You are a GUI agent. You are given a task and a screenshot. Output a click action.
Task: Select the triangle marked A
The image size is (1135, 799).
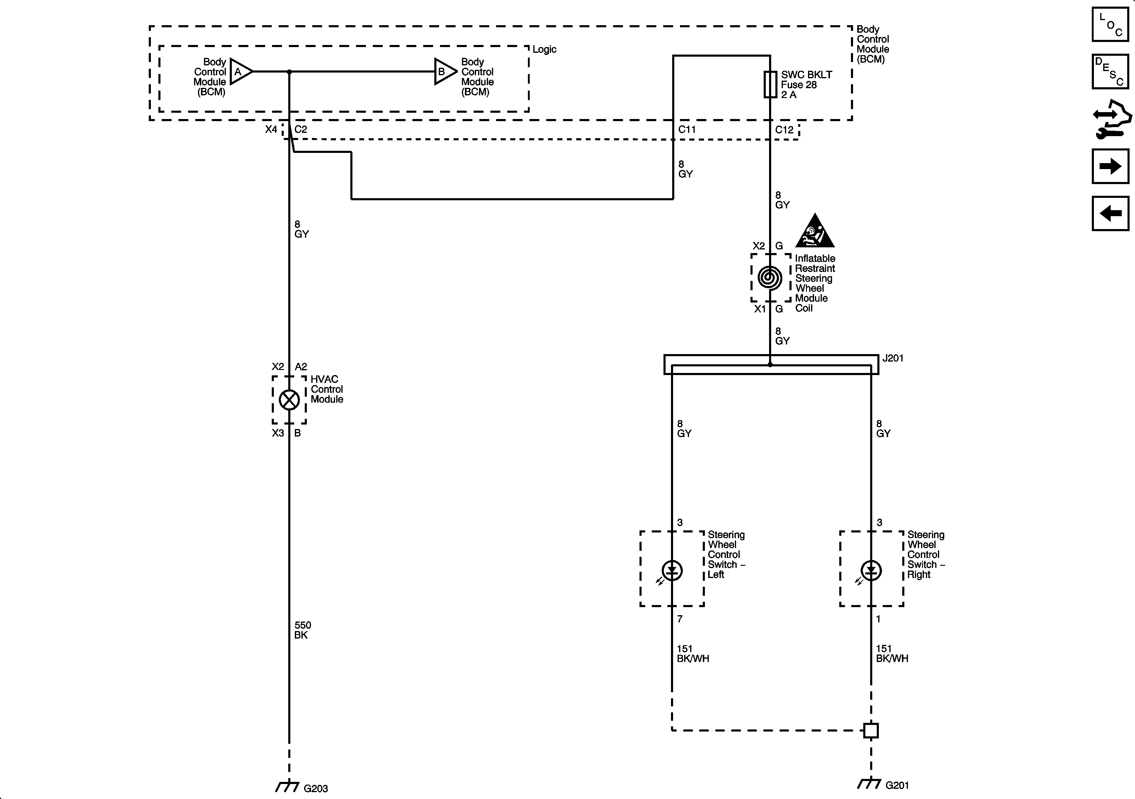click(241, 72)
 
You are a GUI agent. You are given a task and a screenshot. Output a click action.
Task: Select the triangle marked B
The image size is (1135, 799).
click(445, 72)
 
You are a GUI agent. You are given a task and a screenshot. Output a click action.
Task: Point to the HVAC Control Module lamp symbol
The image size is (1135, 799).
click(289, 400)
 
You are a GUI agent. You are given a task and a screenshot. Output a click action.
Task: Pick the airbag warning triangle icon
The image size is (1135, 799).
click(815, 232)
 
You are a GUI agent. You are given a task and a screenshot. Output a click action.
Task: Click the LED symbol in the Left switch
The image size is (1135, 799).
click(672, 571)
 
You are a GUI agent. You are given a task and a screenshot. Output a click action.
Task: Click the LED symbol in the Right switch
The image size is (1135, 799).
click(871, 571)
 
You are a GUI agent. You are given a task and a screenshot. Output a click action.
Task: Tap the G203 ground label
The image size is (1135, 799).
click(315, 789)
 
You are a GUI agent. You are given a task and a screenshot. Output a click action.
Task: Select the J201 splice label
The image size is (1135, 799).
click(893, 358)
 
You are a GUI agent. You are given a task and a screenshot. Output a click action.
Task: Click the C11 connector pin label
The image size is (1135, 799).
click(687, 130)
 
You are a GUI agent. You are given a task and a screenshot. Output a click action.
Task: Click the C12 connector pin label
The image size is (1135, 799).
click(784, 130)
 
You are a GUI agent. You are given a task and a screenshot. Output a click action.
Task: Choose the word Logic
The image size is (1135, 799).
click(544, 49)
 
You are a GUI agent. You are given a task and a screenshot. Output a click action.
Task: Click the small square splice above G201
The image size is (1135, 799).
click(871, 730)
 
